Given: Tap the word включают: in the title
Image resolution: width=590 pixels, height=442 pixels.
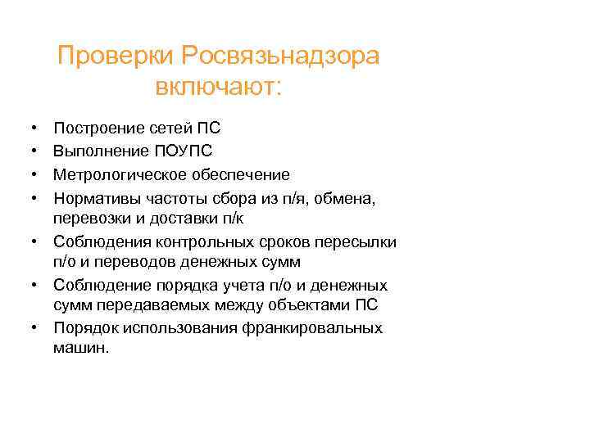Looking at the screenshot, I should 217,86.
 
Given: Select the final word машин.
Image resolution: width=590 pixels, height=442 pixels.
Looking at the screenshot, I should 80,347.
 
